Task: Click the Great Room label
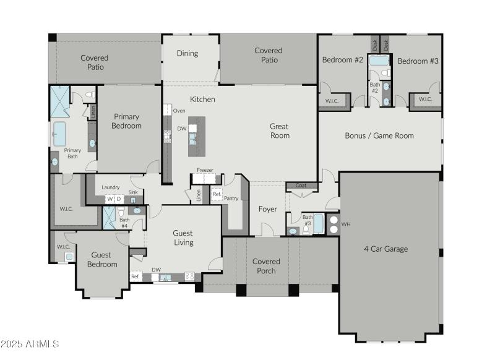[x=279, y=131]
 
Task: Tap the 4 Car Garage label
[x=386, y=249]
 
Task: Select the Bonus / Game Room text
[x=379, y=135]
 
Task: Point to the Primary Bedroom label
[x=126, y=121]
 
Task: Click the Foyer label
[x=267, y=209]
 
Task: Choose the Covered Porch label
[x=266, y=266]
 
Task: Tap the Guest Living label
[x=183, y=238]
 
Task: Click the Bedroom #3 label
[x=418, y=61]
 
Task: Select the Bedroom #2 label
[x=342, y=60]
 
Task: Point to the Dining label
[x=187, y=53]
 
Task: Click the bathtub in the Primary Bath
[x=59, y=134]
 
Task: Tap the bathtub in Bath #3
[x=318, y=224]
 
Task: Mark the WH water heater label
[x=346, y=224]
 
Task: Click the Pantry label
[x=231, y=199]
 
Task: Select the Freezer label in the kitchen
[x=205, y=170]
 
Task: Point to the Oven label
[x=179, y=111]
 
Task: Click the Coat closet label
[x=301, y=185]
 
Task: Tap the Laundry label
[x=111, y=187]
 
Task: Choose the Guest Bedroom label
[x=102, y=259]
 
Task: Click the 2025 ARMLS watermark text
[x=30, y=343]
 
